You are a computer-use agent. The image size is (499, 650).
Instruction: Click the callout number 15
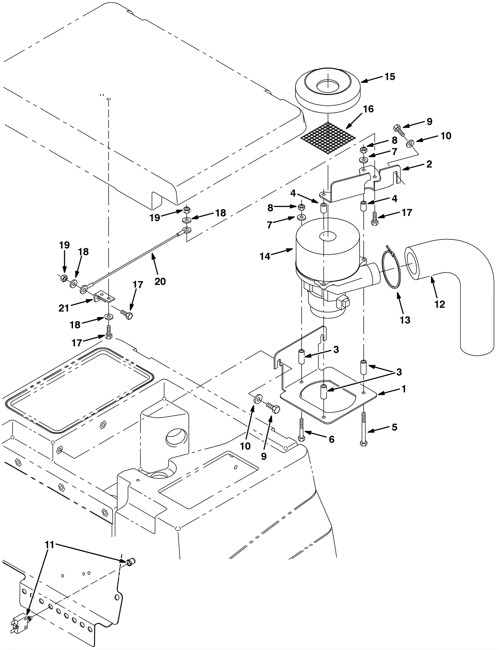coord(390,77)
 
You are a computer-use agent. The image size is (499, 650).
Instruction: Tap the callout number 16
coord(368,109)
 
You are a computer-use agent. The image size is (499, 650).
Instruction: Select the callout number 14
coord(265,257)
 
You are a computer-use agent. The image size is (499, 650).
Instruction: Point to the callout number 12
coord(440,304)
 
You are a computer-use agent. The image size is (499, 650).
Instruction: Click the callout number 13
coord(405,320)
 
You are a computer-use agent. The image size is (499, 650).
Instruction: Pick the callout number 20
coord(160,281)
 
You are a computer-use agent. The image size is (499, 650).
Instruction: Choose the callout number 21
coord(64,308)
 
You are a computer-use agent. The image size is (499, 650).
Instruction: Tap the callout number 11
coord(50,545)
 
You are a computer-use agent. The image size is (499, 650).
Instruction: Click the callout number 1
coord(404,389)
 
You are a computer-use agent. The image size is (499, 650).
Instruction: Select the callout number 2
coord(429,164)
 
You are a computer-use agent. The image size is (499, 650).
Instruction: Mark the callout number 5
coord(395,427)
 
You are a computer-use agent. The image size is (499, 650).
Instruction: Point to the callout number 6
coord(332,439)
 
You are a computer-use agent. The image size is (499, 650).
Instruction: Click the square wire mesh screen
coord(328,138)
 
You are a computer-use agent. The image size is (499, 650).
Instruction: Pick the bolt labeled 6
coord(301,429)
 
